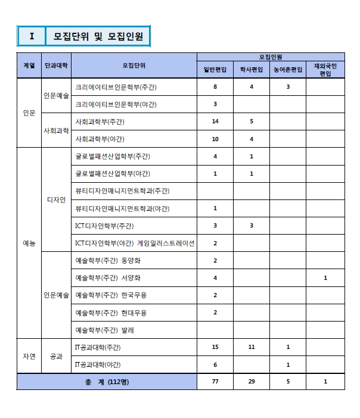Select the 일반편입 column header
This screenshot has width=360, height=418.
215,70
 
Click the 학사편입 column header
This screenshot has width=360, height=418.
252,70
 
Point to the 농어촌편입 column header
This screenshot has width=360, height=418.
288,70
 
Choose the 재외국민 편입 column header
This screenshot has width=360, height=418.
325,70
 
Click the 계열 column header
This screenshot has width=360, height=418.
29,65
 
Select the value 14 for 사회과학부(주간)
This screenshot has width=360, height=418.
215,121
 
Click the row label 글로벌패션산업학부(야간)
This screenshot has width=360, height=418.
113,174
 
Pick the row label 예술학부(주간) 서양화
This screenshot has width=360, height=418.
108,278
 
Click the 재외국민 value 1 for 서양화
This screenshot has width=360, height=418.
325,278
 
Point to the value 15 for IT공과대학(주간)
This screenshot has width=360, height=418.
215,347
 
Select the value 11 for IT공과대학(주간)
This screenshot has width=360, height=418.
252,347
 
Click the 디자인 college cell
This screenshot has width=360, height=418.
55,199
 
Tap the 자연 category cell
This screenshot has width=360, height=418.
29,356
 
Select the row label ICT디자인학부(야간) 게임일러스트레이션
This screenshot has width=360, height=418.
135,243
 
